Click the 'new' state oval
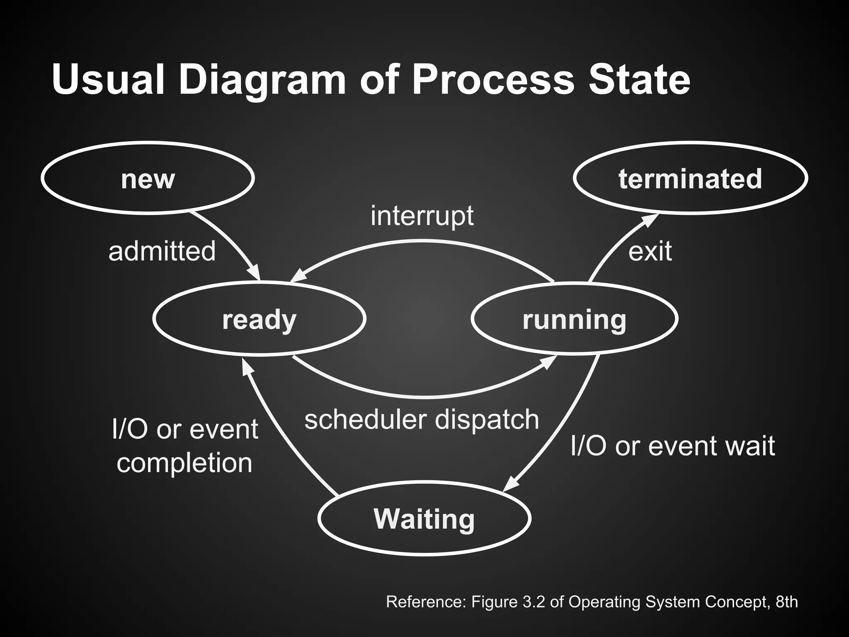coord(148,178)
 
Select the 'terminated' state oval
coord(690,178)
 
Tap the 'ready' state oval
coord(259,319)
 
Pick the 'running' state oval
coord(574,319)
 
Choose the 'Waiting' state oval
coord(424,518)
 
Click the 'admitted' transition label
coord(162,251)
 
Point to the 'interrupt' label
coord(422,216)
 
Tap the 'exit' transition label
coord(650,251)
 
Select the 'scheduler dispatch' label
coord(422,419)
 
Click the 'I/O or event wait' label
coord(672,446)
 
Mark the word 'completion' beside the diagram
coord(184,463)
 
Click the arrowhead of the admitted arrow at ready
coord(255,273)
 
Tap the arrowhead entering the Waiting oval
coord(510,484)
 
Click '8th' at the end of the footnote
coord(786,601)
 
